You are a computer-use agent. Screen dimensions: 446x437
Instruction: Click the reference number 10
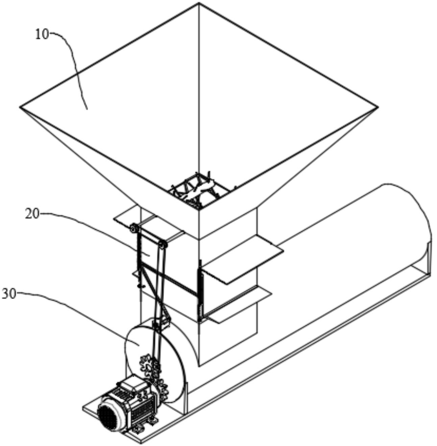point(42,34)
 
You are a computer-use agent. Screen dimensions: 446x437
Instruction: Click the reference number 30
point(9,294)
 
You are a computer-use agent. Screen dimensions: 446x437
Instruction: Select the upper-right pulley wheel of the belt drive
point(163,245)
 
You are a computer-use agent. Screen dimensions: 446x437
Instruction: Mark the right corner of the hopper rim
point(377,107)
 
